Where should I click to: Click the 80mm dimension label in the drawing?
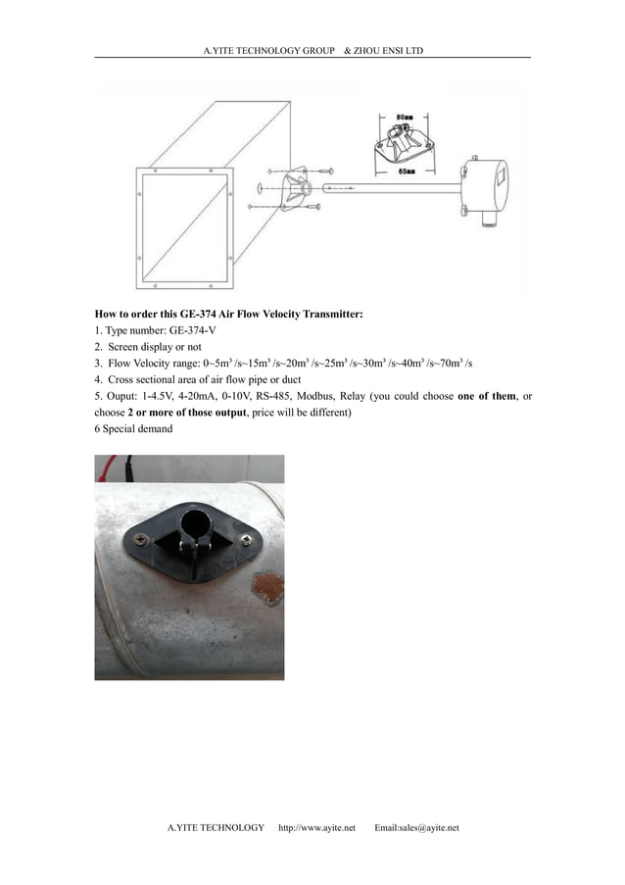pos(404,116)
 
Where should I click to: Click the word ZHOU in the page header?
pos(368,50)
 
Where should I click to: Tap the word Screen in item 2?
pos(122,347)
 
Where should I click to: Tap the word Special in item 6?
pos(120,428)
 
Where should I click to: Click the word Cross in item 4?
pos(123,379)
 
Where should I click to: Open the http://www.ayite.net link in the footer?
pos(316,828)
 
